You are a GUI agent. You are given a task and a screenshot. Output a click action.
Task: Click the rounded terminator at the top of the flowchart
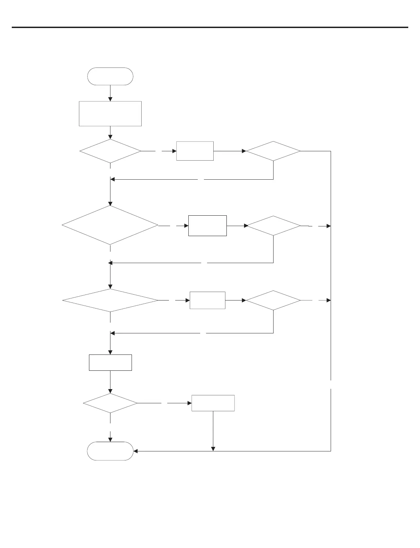(110, 76)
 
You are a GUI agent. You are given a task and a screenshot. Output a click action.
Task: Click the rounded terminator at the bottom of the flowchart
(110, 451)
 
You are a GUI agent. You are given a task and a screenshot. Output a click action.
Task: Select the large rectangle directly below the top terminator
(110, 114)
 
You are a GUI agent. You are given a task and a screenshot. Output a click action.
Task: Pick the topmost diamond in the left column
(110, 151)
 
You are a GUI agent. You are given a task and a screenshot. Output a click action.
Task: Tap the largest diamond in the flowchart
(110, 225)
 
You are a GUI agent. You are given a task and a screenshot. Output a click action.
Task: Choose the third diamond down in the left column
(110, 300)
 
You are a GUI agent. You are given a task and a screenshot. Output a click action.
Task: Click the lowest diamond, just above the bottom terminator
(110, 403)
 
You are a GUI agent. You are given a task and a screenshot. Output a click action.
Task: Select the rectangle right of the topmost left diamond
(195, 151)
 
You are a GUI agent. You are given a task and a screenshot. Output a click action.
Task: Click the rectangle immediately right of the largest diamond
(207, 226)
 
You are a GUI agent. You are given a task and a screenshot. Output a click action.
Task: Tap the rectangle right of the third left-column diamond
(207, 300)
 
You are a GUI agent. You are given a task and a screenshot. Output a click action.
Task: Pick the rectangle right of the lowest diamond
(213, 403)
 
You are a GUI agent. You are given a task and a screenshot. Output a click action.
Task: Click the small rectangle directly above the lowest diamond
(110, 362)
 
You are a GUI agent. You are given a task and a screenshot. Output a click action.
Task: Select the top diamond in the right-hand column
(273, 151)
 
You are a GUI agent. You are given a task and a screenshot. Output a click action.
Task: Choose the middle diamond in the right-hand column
(273, 226)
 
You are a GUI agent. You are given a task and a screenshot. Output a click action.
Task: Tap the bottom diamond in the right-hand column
(273, 300)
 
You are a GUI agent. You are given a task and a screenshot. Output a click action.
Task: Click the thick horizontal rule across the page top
(210, 27)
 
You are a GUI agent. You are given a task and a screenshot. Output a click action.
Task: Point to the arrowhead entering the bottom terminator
(135, 451)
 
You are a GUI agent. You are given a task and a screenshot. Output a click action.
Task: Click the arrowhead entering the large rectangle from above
(110, 99)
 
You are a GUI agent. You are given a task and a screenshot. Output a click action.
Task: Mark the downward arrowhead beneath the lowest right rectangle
(213, 449)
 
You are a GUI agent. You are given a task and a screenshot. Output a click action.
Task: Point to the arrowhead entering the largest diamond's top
(110, 204)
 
